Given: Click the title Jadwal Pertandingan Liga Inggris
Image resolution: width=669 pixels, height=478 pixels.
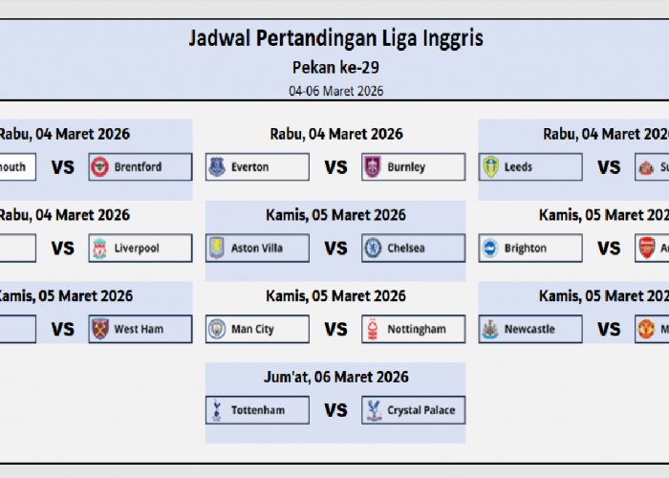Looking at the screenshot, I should pyautogui.click(x=334, y=39).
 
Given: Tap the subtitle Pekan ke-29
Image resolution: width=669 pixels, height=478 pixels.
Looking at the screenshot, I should pyautogui.click(x=334, y=68).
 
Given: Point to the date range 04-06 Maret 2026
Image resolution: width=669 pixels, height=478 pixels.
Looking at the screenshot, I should pyautogui.click(x=334, y=91).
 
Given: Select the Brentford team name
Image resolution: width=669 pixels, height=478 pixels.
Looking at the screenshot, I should pyautogui.click(x=138, y=167).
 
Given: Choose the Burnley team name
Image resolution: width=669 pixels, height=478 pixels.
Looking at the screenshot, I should pyautogui.click(x=406, y=167).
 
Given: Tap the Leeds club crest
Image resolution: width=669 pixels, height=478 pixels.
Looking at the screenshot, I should pyautogui.click(x=490, y=167).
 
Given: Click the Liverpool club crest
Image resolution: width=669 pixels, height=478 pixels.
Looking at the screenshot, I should pyautogui.click(x=99, y=249).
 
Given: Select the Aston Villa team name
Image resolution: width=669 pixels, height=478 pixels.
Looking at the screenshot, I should pyautogui.click(x=257, y=249).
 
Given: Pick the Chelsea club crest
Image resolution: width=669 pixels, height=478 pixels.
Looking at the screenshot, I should pyautogui.click(x=373, y=249).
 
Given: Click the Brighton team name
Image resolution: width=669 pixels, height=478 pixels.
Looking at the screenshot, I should pyautogui.click(x=526, y=249).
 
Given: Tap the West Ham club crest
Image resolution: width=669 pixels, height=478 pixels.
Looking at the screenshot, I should pyautogui.click(x=99, y=330).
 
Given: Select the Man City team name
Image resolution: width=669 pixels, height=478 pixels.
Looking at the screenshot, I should pyautogui.click(x=252, y=330).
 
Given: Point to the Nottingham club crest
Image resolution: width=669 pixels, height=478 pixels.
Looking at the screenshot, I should pyautogui.click(x=373, y=330).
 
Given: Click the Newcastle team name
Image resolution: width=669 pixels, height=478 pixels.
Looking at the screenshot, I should pyautogui.click(x=529, y=330).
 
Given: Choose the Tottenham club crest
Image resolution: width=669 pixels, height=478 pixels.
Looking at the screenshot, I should pyautogui.click(x=216, y=411).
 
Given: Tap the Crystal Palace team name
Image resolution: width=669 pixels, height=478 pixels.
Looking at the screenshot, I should pyautogui.click(x=421, y=411).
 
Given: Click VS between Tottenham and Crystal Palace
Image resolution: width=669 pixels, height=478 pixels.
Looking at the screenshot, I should pyautogui.click(x=335, y=411).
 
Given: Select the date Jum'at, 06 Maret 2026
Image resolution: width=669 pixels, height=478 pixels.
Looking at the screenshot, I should pyautogui.click(x=335, y=377).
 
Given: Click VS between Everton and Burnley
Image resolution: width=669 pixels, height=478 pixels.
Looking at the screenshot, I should pyautogui.click(x=335, y=167).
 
